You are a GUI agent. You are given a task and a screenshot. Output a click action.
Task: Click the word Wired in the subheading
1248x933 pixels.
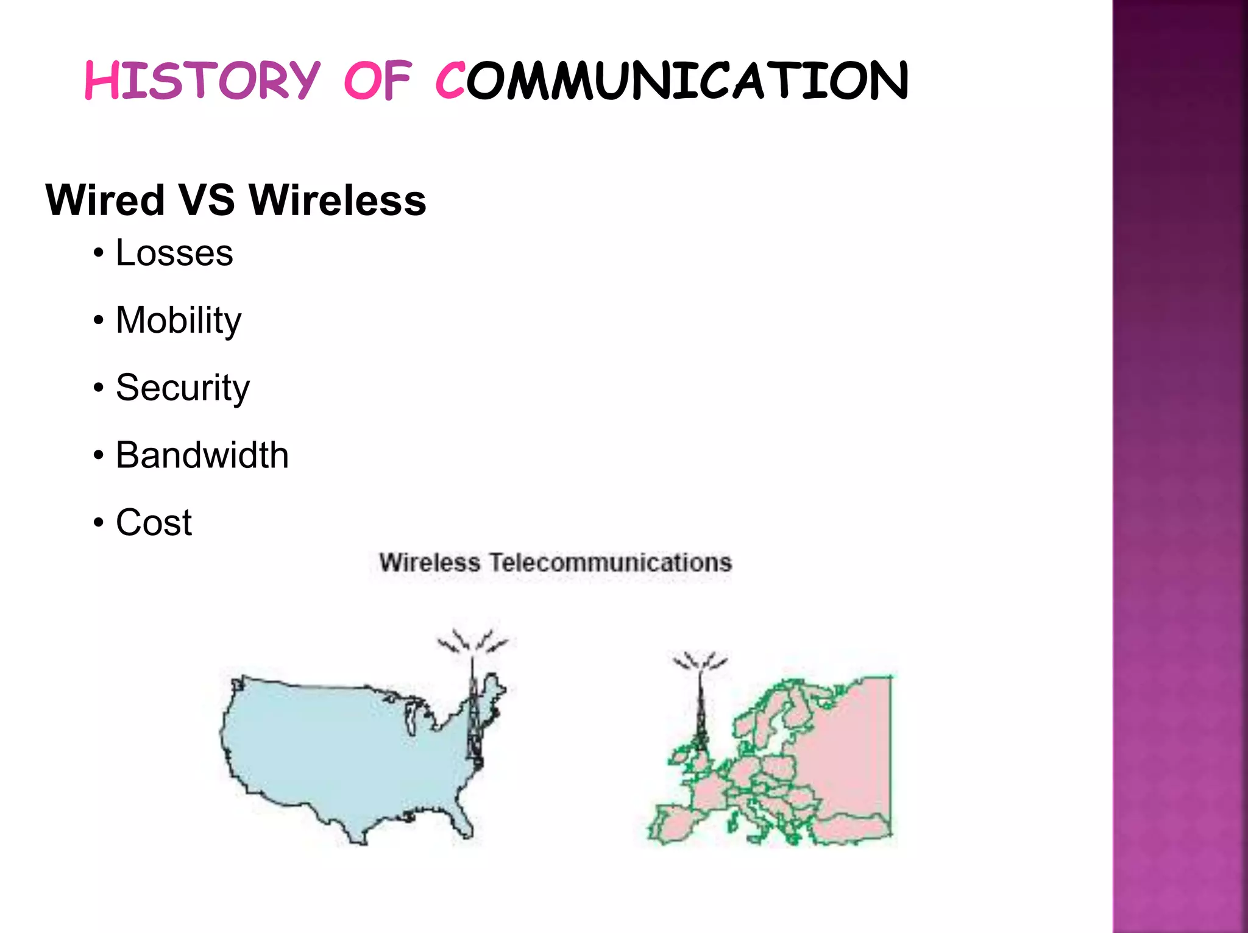105,200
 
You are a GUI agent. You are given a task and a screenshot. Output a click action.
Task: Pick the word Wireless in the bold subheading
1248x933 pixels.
338,200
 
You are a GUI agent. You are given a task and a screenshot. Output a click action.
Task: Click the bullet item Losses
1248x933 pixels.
174,253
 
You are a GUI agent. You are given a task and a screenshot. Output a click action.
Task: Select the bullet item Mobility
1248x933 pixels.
179,321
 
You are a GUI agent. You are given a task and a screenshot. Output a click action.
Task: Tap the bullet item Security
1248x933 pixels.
183,388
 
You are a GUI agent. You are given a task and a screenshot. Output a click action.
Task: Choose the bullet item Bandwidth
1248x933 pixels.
202,455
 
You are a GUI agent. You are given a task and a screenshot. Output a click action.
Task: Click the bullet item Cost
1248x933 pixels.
154,523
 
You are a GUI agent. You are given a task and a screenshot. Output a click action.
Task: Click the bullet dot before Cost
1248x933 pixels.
99,523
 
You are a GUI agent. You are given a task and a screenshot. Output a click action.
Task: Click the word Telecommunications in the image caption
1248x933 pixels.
611,562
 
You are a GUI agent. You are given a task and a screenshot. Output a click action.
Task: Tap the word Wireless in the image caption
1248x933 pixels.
430,562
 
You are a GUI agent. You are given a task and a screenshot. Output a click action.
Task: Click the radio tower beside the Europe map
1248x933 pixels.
701,707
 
